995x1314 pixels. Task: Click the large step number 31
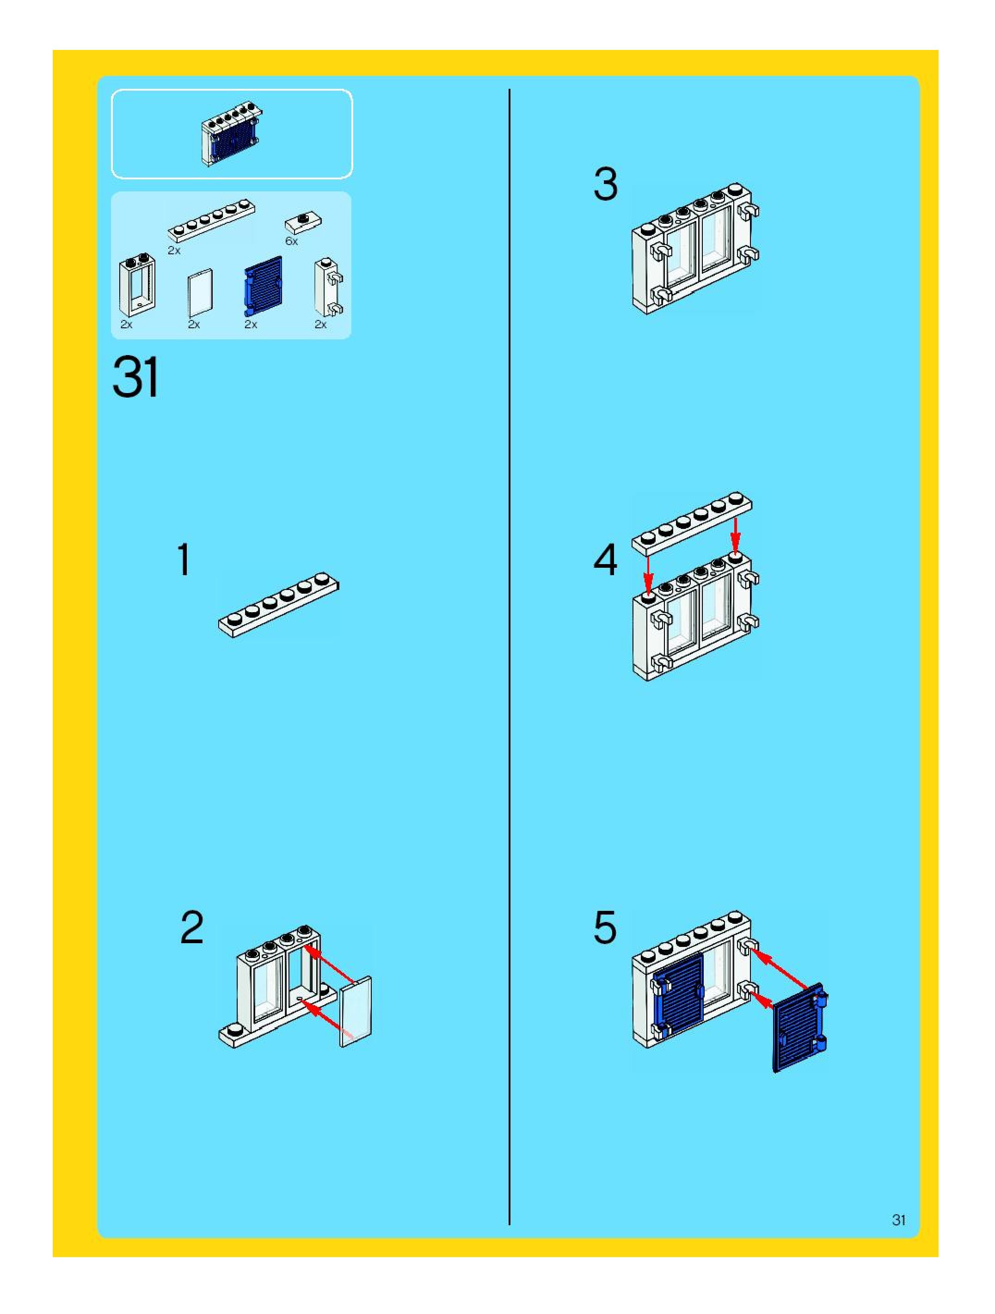135,377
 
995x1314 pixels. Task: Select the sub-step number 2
192,928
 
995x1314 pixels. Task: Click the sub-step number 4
605,560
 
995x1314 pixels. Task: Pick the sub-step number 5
605,928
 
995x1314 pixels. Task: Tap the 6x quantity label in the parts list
291,241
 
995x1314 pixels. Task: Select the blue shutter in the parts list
263,286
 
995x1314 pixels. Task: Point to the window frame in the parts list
137,286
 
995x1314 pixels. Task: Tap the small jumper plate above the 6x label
304,222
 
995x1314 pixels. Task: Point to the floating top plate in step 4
691,524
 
